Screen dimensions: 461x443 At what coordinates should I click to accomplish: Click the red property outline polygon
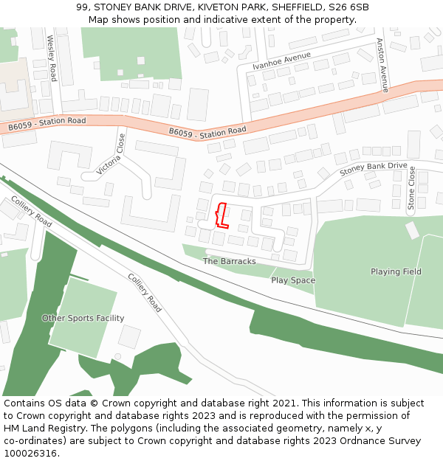[220, 215]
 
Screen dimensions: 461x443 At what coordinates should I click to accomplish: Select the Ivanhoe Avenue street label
[281, 61]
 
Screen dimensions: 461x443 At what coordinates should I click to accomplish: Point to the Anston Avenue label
[382, 65]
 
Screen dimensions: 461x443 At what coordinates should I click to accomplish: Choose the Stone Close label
[412, 188]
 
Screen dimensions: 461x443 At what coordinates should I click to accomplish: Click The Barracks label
[229, 261]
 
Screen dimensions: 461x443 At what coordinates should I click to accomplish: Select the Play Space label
[292, 280]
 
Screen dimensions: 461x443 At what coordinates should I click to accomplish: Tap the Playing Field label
[396, 271]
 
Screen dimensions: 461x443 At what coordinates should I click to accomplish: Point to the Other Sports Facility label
[83, 318]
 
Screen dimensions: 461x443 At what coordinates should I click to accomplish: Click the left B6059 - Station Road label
[47, 124]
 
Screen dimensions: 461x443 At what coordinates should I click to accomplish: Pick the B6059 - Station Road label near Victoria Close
[207, 132]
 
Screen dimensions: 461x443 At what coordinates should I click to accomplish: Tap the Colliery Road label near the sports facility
[144, 293]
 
